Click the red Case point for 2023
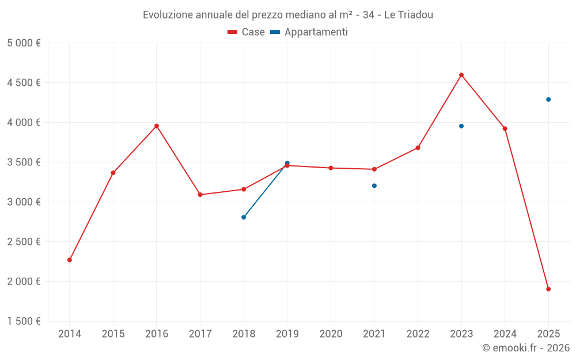461,75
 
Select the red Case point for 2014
70,260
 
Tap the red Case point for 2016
157,126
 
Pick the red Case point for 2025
548,289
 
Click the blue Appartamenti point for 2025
548,100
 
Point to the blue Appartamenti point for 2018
244,217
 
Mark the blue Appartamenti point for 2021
374,185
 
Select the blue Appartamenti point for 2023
461,126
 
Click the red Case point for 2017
200,195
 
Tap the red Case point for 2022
418,148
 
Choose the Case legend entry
247,32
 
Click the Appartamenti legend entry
309,32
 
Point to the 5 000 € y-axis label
24,43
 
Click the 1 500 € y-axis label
24,321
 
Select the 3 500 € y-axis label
24,162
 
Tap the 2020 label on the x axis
331,334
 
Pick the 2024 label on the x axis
505,334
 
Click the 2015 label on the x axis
113,334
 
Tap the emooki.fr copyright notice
526,348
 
